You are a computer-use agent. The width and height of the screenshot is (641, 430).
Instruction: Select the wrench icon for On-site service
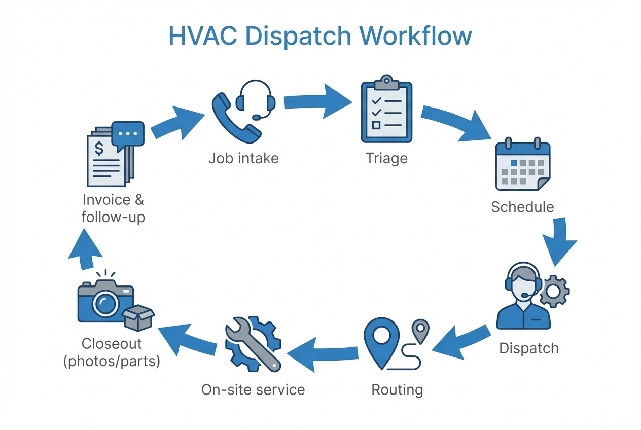(252, 343)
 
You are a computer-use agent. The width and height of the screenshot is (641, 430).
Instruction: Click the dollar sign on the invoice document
(100, 149)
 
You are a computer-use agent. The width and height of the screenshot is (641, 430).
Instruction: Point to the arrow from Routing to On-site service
(325, 350)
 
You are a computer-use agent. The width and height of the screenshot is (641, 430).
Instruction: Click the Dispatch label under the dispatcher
(528, 348)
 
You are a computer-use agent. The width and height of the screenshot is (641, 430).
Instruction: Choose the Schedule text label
(522, 207)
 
